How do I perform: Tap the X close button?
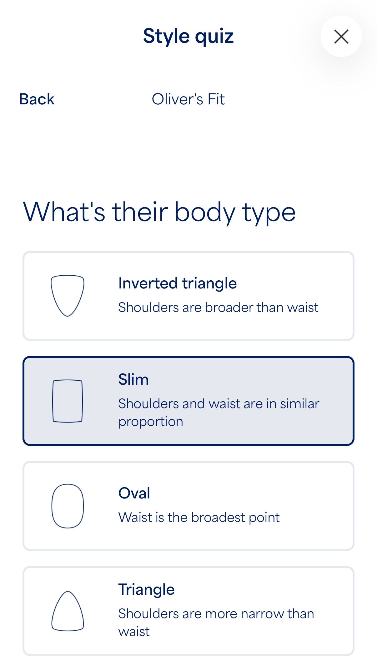[341, 36]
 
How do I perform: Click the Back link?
[37, 99]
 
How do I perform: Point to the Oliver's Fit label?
[188, 99]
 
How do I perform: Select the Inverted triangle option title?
[177, 283]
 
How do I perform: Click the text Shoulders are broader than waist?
[218, 307]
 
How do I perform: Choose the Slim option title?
[133, 379]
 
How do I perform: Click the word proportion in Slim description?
[151, 422]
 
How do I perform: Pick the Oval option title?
[134, 493]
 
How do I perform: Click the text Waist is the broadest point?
[199, 517]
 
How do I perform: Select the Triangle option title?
[146, 590]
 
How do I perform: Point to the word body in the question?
[205, 212]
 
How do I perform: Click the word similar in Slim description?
[299, 403]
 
